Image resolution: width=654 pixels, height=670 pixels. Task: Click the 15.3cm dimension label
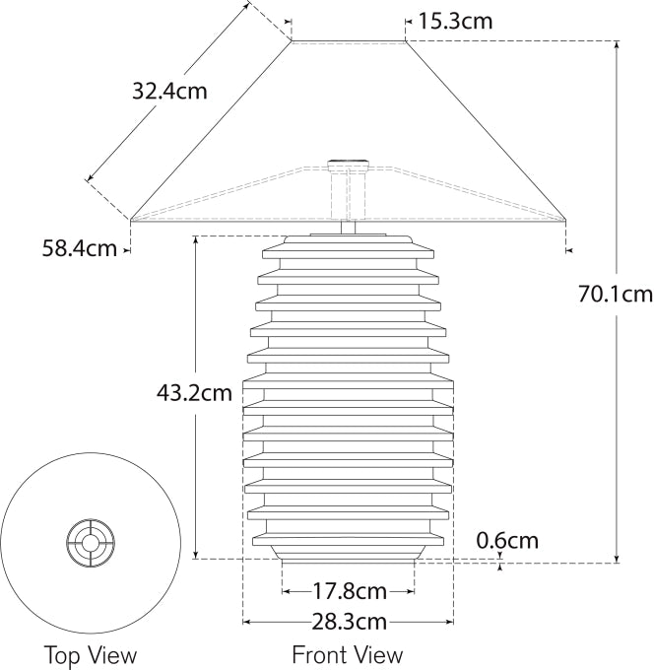tap(455, 20)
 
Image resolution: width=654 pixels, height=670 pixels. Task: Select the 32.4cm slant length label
tap(170, 92)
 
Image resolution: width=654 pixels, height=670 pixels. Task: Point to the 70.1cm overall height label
tap(616, 293)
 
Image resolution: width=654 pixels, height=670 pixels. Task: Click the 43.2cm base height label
tap(194, 393)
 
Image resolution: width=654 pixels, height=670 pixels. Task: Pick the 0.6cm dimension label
tap(507, 540)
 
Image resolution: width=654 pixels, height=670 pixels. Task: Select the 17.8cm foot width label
tap(349, 591)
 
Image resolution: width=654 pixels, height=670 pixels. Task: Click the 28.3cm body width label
tap(349, 622)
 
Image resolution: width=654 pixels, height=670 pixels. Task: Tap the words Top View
tap(90, 654)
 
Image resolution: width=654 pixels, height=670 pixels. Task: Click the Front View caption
tap(347, 654)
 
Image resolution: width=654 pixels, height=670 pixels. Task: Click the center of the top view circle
tap(90, 541)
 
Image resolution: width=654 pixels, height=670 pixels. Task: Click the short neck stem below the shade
tap(349, 228)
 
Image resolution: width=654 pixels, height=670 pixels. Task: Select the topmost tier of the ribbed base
tap(349, 241)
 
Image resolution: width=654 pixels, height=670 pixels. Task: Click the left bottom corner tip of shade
tap(131, 219)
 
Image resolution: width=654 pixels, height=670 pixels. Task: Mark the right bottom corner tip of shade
tap(566, 219)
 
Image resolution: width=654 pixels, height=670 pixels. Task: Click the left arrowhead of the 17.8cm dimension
tap(286, 591)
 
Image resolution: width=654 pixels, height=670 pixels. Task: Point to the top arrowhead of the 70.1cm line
tap(618, 44)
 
